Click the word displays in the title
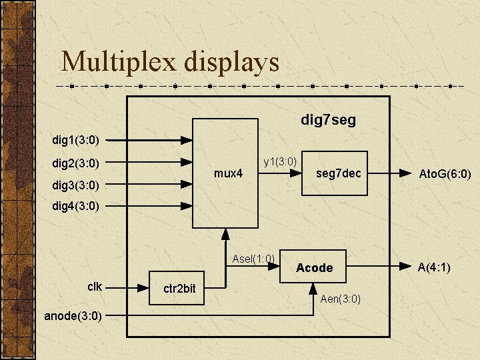233,63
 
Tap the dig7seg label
328,120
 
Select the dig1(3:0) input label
76,140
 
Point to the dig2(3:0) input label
76,163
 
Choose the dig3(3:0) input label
76,185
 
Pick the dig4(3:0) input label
76,206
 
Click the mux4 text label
228,173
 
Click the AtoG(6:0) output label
444,175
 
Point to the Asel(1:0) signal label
253,259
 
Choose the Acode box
315,267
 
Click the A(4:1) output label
433,267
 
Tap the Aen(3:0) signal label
341,299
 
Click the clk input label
95,287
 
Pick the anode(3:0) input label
73,316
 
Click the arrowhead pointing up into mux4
225,233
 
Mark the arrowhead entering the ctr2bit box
143,288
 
